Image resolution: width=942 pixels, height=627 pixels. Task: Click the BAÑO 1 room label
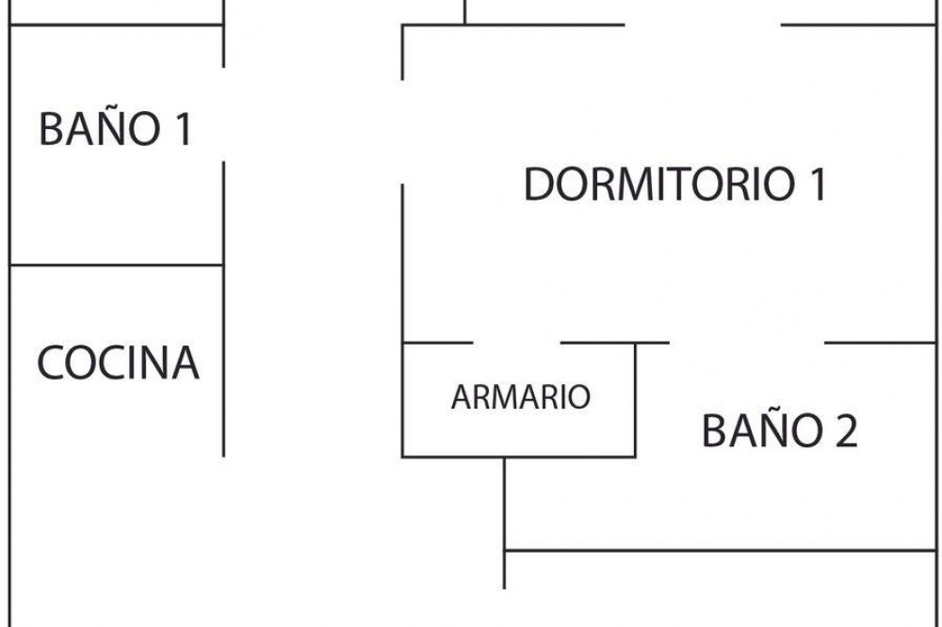click(115, 128)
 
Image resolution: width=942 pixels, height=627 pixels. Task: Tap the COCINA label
click(119, 362)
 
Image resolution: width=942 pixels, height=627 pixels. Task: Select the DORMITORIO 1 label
click(674, 184)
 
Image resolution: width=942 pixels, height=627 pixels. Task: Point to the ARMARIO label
click(520, 397)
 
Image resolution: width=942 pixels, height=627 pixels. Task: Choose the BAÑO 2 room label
click(779, 431)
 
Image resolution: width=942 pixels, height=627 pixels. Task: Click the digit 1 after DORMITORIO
click(817, 184)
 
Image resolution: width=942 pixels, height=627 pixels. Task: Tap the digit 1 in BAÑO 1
click(183, 129)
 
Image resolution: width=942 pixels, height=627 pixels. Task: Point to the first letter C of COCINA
click(54, 363)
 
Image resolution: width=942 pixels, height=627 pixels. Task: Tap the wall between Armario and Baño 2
click(635, 400)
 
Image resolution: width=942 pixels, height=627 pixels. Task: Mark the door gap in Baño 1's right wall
click(223, 114)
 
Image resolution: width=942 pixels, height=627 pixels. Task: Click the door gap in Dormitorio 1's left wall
click(403, 132)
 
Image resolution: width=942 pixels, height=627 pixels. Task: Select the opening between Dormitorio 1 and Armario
click(516, 344)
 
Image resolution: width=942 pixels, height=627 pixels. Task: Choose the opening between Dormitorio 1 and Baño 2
click(747, 344)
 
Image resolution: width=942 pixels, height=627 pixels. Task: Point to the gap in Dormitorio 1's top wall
click(703, 25)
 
